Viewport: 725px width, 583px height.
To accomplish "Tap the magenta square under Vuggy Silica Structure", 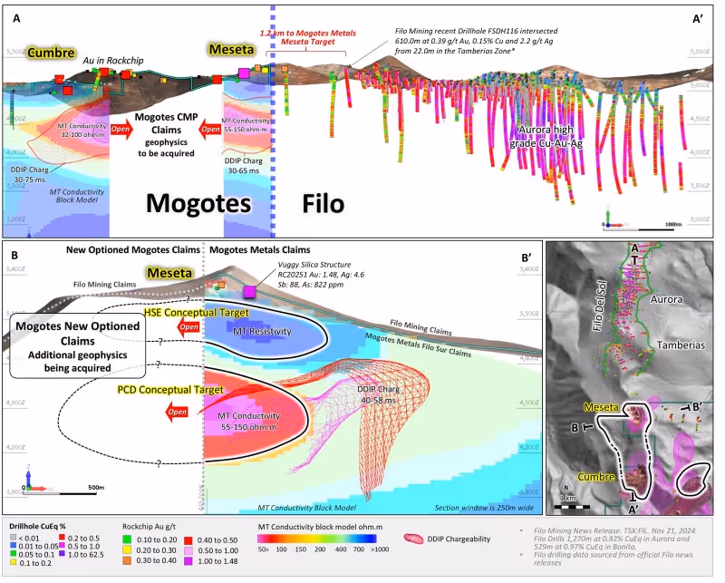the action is pos(248,290).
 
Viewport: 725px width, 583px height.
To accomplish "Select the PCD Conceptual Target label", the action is pos(169,390).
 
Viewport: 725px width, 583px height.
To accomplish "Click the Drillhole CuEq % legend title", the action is pos(43,526).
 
